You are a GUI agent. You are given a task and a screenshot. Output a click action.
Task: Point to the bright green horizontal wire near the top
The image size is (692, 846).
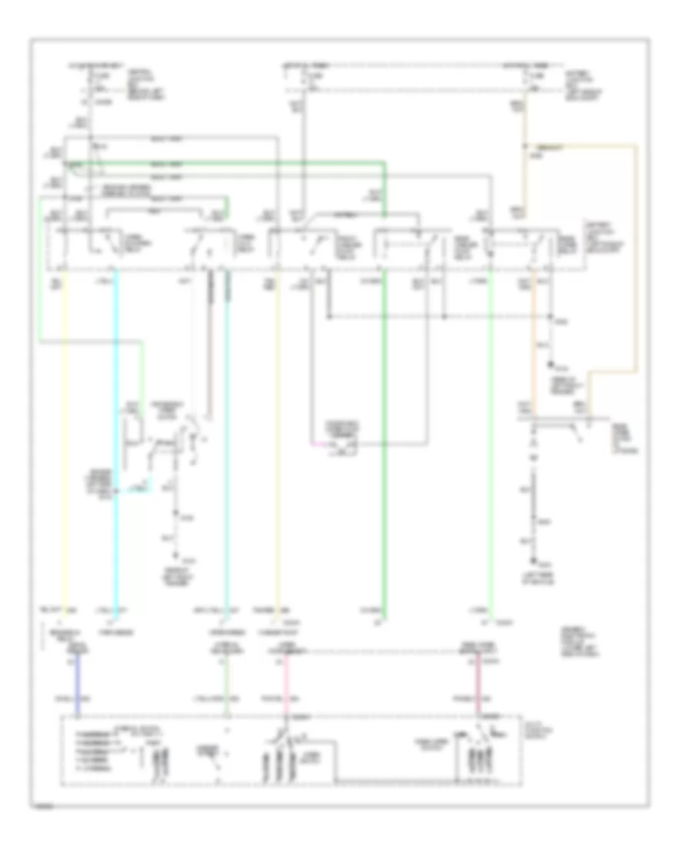(231, 163)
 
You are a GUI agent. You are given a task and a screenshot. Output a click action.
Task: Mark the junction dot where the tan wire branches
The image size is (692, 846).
(525, 144)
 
